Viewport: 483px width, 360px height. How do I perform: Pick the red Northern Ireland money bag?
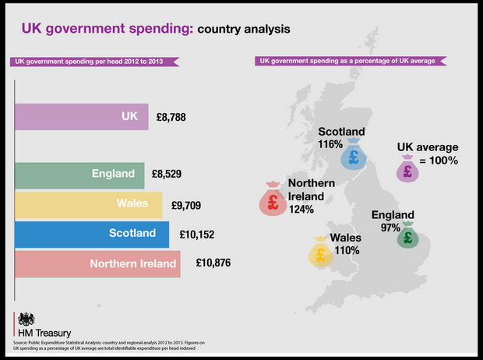pos(273,201)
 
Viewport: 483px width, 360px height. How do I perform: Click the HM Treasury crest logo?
pos(26,319)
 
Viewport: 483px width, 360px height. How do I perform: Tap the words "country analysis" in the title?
pos(244,30)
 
